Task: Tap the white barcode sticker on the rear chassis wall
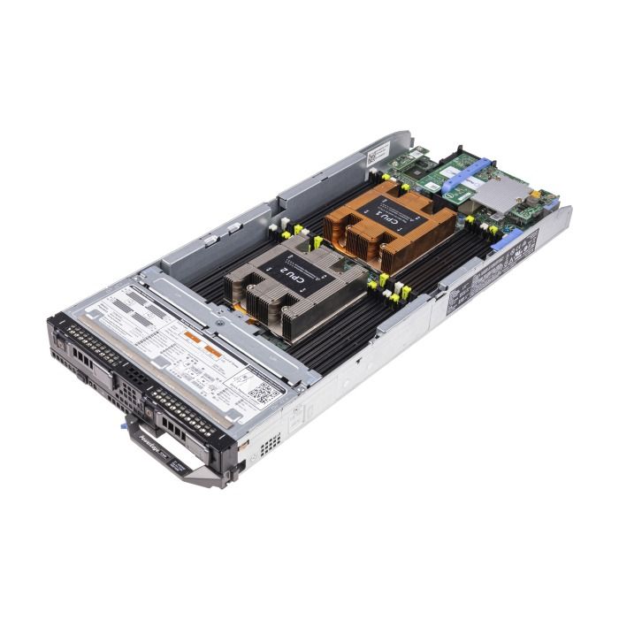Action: point(378,156)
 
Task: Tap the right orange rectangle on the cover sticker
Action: point(212,351)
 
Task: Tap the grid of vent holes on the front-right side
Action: point(271,441)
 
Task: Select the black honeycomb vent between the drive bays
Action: point(133,382)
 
